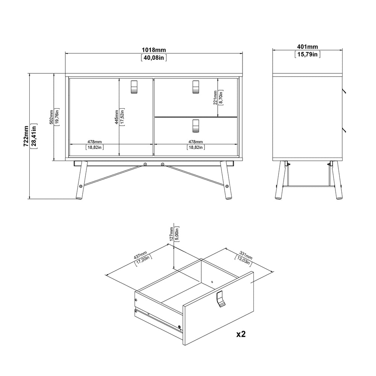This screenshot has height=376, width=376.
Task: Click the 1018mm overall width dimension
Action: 154,50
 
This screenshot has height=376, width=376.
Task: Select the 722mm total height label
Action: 26,136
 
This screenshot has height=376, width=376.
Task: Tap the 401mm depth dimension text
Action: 308,47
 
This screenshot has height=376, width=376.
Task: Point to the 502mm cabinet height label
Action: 51,117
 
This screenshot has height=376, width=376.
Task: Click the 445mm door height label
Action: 117,117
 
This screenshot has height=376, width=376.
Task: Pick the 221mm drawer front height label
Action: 215,98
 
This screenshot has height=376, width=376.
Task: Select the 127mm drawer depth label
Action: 171,234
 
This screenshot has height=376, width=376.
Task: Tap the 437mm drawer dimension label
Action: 140,255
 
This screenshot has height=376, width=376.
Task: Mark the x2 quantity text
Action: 241,334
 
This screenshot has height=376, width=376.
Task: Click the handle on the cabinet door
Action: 134,86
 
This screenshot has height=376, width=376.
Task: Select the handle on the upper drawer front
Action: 196,86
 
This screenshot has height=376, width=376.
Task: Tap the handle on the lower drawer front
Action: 196,126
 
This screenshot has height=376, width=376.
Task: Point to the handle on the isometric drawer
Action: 221,299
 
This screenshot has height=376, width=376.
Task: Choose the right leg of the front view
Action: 226,180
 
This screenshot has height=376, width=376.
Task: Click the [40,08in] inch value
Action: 154,58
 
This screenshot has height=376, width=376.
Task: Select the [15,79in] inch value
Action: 308,55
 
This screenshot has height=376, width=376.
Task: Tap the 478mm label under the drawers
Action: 196,142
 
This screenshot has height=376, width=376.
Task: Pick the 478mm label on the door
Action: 94,142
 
